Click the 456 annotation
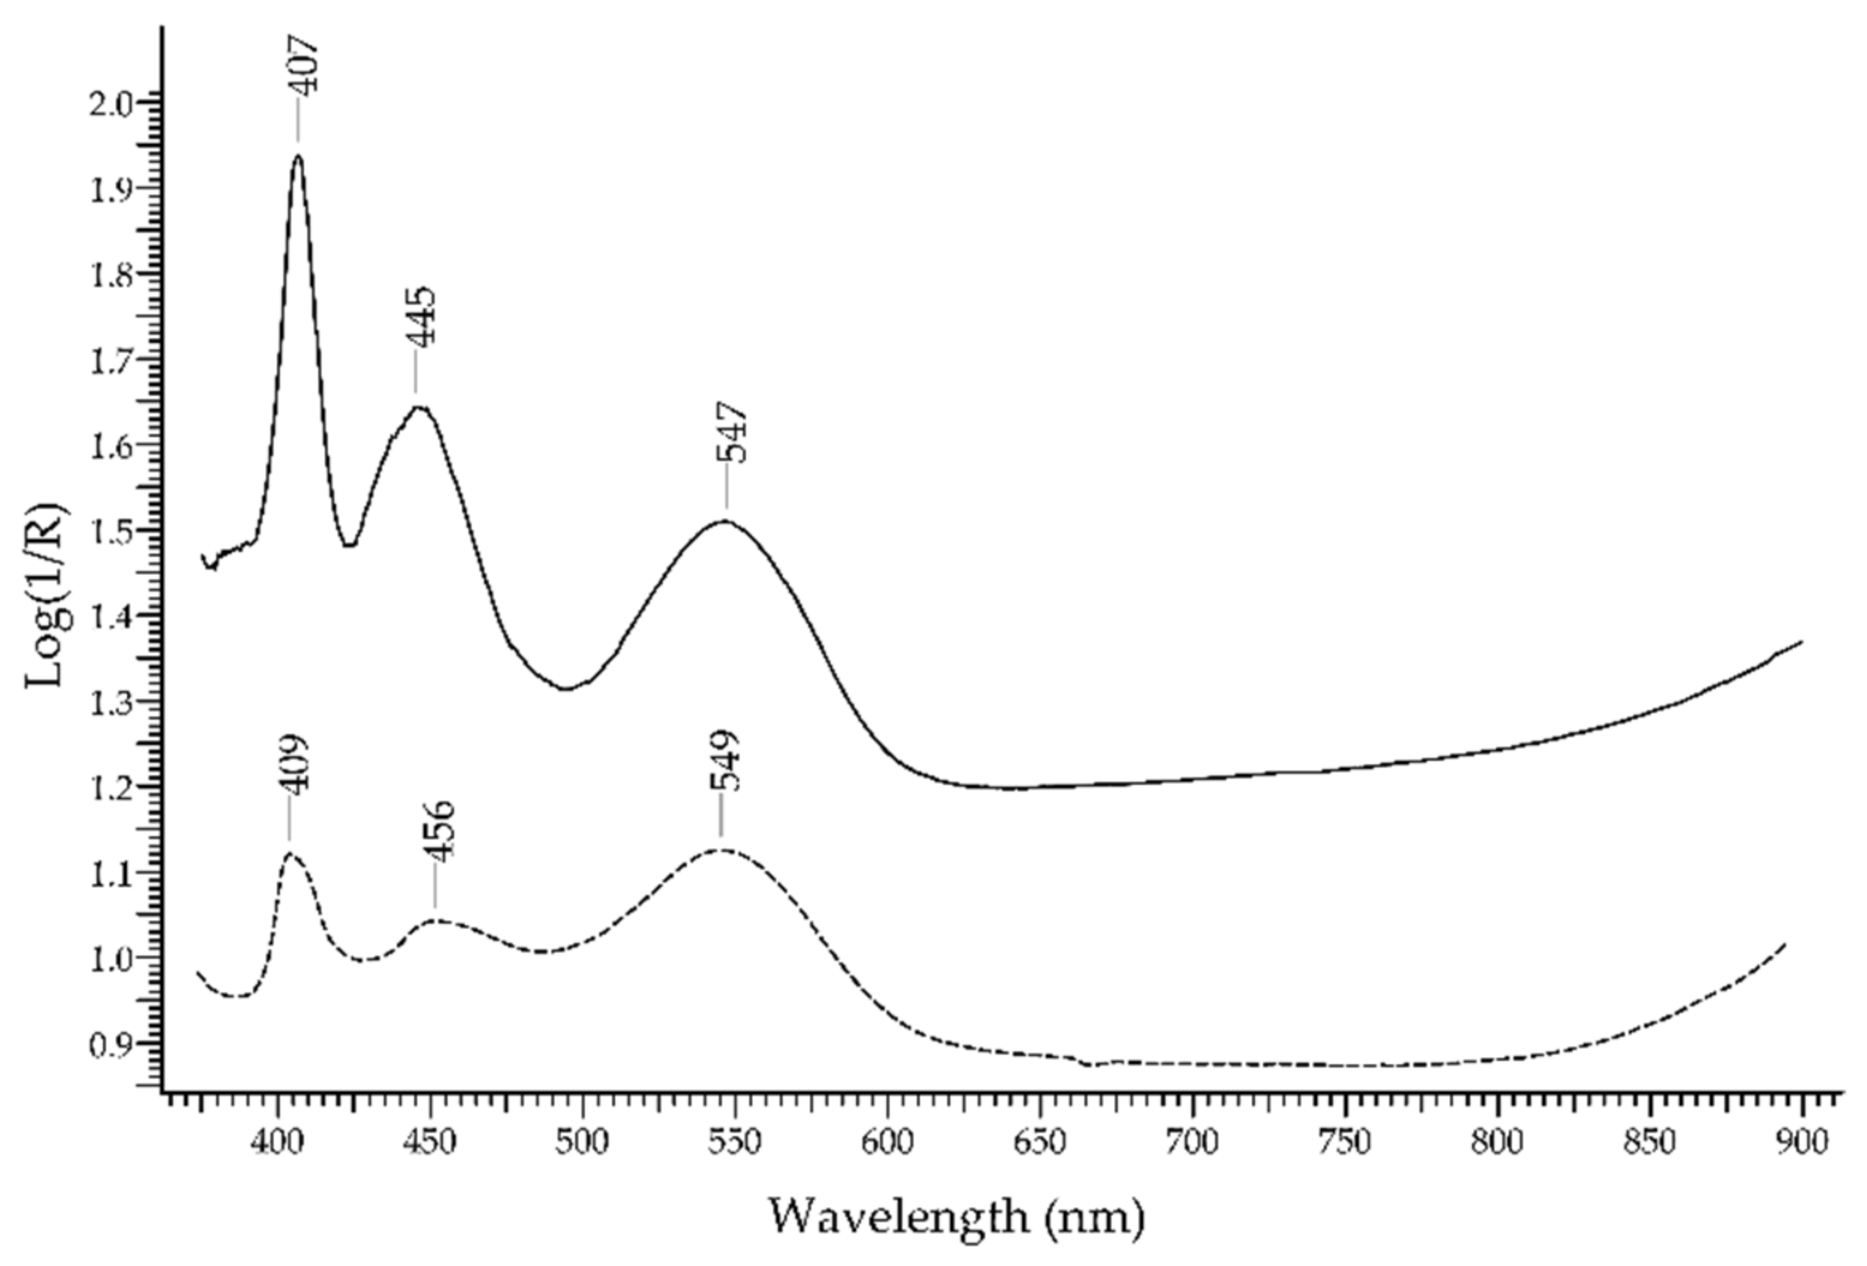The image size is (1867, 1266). [442, 831]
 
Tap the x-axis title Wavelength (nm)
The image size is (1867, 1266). [956, 1217]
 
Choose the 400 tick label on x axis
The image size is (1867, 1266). [278, 1142]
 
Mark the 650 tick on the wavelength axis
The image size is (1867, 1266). [1040, 1142]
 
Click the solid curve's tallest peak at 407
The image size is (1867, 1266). [298, 156]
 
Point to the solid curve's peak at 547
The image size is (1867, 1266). [725, 522]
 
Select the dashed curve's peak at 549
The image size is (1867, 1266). [720, 849]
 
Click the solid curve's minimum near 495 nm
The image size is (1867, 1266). [566, 688]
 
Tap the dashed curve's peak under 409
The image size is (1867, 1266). [290, 854]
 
